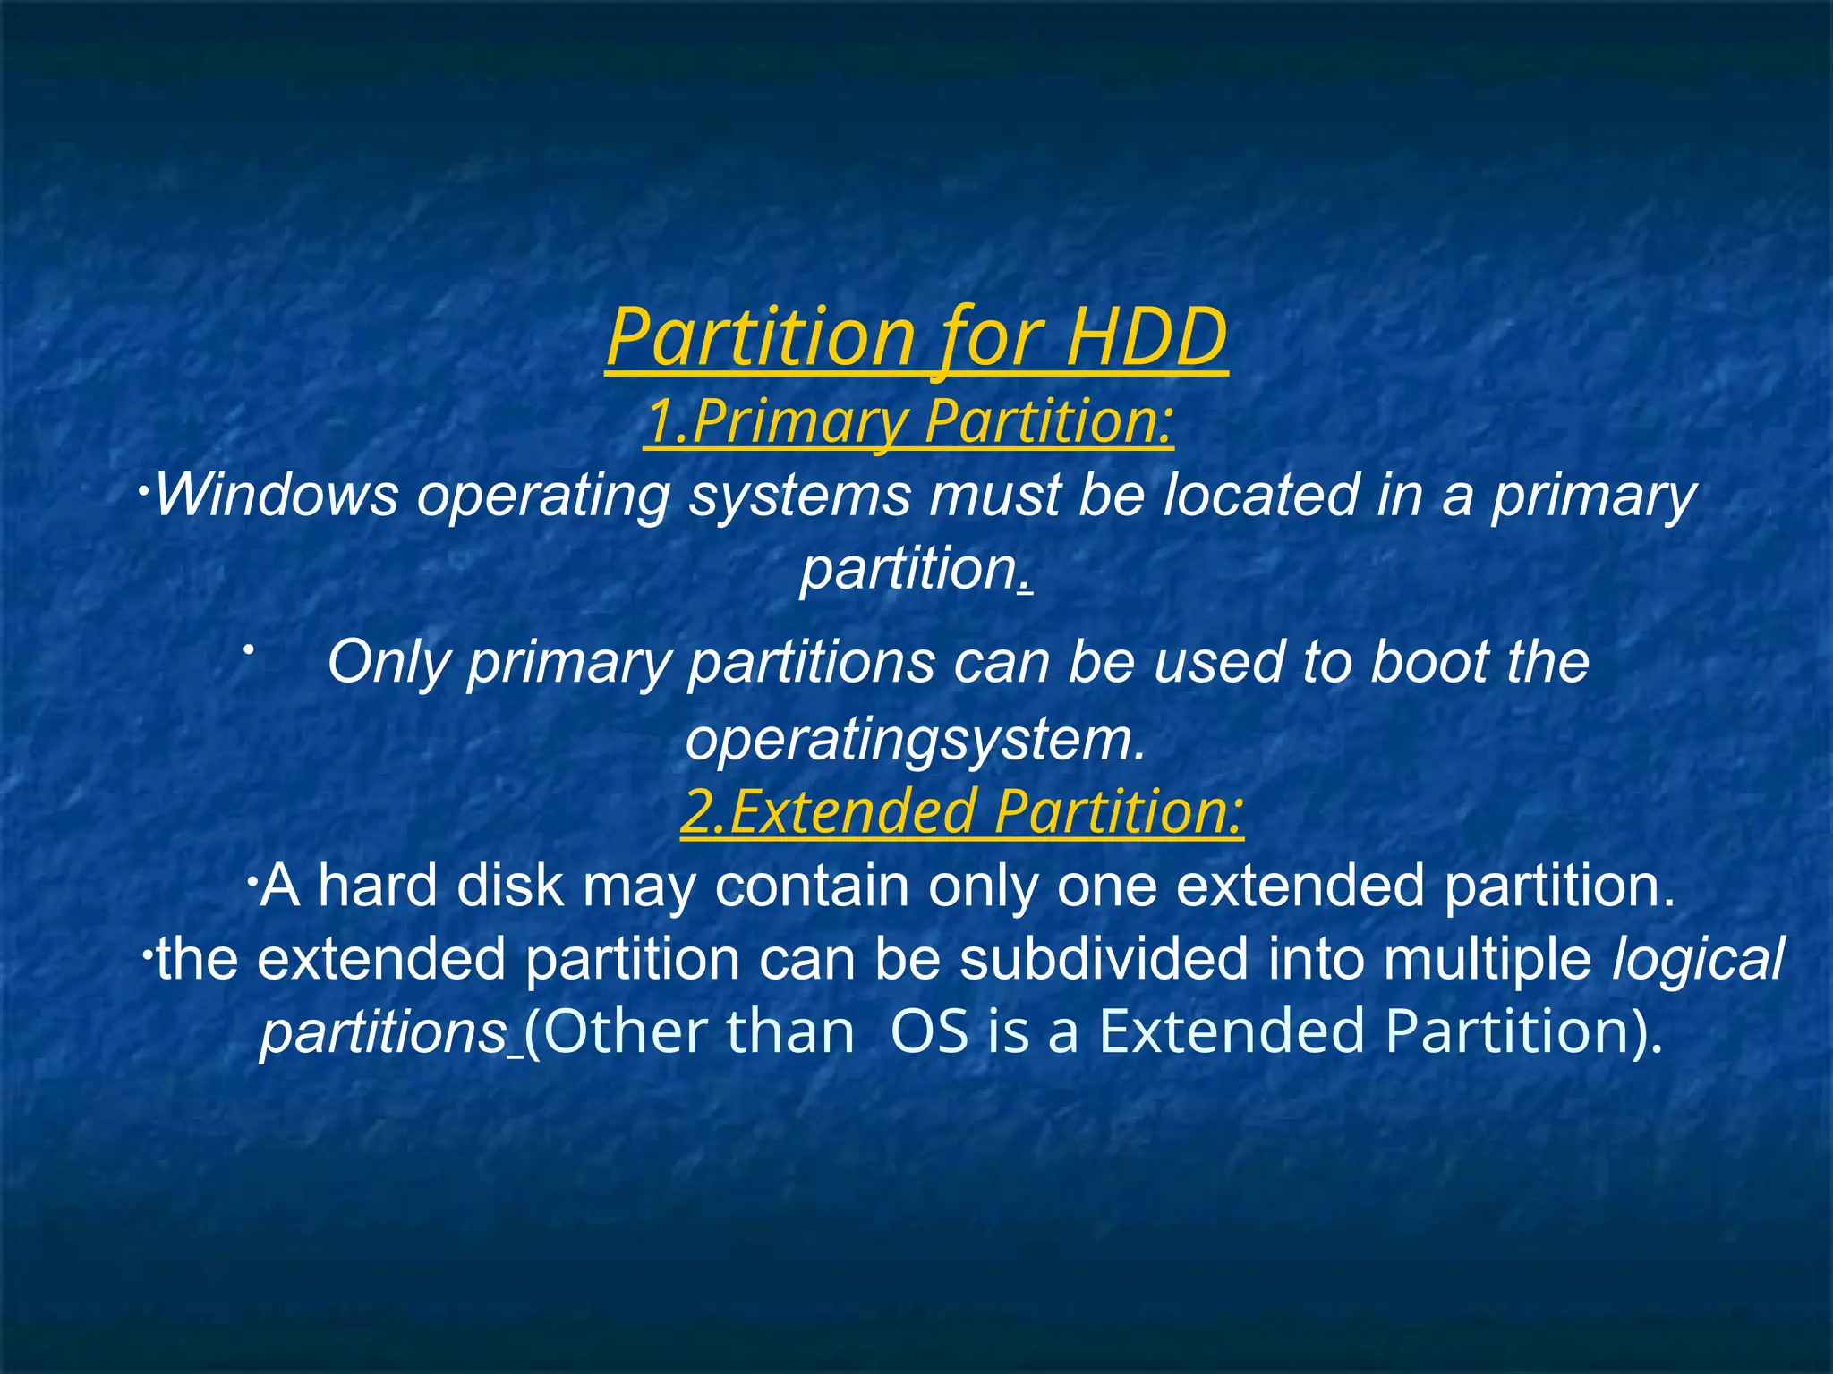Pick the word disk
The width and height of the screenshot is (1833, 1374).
point(510,886)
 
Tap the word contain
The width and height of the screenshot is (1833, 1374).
point(811,886)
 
